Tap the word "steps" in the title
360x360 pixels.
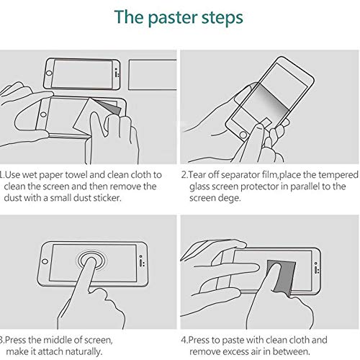222,18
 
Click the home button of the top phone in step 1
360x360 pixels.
49,73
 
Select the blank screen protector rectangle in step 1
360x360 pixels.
153,75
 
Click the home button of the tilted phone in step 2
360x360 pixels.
243,135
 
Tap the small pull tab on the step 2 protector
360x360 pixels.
266,122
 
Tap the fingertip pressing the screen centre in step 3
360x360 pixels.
91,261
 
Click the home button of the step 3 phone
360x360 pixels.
45,261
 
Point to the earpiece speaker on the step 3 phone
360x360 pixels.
140,263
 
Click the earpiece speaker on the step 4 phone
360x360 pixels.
315,269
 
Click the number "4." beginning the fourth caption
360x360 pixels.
184,341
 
